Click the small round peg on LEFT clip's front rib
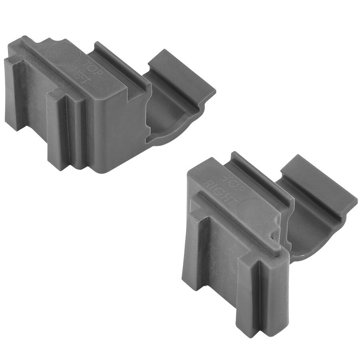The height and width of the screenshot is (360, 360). (56, 95)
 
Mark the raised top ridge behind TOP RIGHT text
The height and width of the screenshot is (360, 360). (260, 176)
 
